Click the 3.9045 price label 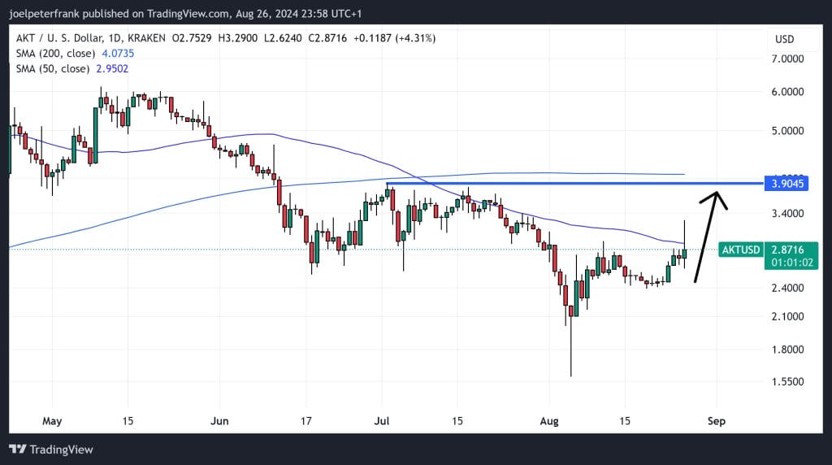[787, 184]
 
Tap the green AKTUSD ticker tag [740, 250]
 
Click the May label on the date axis [51, 421]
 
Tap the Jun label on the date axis [218, 421]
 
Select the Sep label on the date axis [717, 421]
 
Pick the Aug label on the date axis [550, 421]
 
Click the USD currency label [784, 39]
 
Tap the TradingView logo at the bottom [51, 449]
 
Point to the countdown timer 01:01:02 [787, 263]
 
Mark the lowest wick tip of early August [571, 376]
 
